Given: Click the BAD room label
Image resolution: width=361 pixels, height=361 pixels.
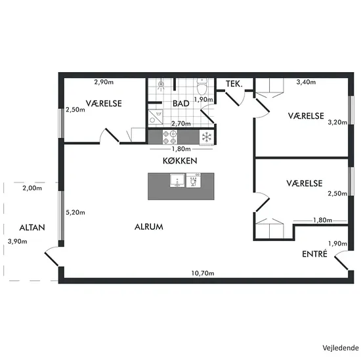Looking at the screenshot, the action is tap(181, 104).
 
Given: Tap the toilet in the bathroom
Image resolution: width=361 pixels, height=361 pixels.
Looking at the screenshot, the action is tap(202, 87).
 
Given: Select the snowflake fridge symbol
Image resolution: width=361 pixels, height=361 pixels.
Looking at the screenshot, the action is tap(207, 137).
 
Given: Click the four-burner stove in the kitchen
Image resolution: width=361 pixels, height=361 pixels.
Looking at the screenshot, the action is tap(170, 137).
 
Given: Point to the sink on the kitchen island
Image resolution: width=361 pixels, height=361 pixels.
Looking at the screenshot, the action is tap(177, 180).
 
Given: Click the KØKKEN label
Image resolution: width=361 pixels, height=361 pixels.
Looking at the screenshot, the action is tap(180, 161).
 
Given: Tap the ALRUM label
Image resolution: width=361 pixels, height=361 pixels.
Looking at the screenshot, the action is tap(149, 227).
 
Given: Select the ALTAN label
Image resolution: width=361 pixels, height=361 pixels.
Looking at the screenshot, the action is tap(32, 228).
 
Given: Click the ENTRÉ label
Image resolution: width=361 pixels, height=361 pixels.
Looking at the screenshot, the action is tap(314, 254).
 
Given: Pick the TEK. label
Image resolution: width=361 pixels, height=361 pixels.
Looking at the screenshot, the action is tap(234, 84).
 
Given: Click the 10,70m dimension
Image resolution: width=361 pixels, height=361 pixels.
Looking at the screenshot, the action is tap(203, 273).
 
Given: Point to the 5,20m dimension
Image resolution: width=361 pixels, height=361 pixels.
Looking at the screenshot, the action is tap(75, 213).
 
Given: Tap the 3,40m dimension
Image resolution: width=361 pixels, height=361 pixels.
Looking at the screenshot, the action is tap(306, 82).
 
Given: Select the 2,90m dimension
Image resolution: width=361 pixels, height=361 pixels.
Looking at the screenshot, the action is tap(104, 82).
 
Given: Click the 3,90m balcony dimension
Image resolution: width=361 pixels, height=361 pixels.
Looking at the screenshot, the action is tap(17, 242).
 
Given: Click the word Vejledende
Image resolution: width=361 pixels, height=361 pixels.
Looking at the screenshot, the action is tap(341, 348).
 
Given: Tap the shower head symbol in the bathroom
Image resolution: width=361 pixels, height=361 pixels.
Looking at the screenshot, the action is tap(161, 85).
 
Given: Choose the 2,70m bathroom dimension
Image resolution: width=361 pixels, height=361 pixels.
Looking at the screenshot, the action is tap(181, 124).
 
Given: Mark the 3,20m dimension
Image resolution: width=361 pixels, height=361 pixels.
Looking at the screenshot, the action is tap(337, 122).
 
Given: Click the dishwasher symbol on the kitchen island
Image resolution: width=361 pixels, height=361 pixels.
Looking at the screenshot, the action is tap(194, 180).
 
